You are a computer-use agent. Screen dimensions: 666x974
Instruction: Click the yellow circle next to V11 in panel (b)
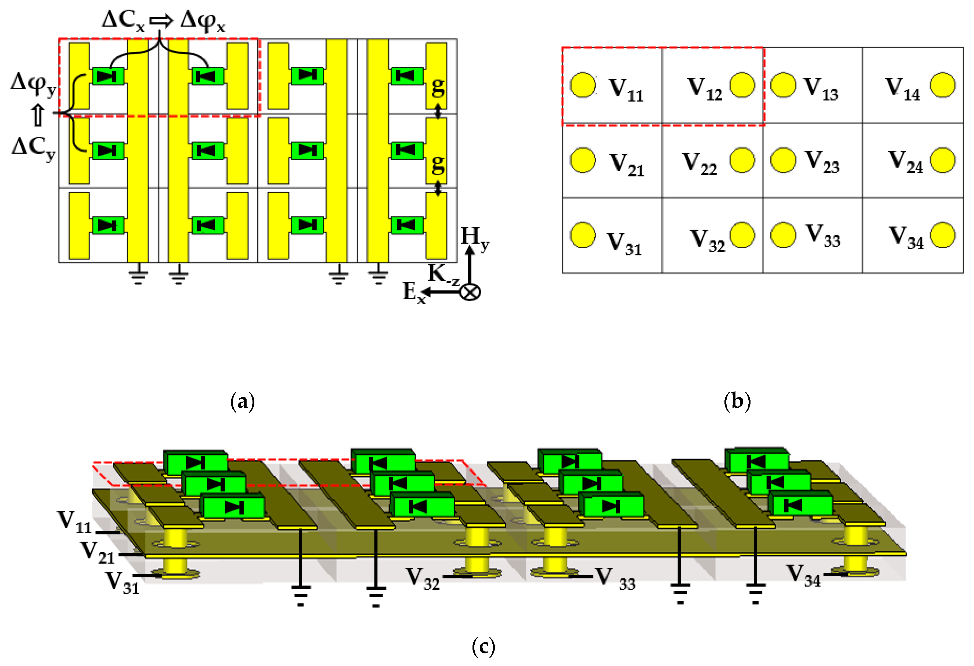click(x=583, y=85)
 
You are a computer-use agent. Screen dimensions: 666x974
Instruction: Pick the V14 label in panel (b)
click(x=902, y=89)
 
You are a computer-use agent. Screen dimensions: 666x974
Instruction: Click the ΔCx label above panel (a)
click(x=123, y=20)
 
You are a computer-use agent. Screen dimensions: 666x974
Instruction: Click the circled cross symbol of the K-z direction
click(x=470, y=292)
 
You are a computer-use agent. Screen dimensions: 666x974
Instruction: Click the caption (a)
click(x=243, y=401)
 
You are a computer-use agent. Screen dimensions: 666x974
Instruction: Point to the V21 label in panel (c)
click(x=98, y=552)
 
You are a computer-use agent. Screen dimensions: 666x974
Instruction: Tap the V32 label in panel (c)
click(x=423, y=578)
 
